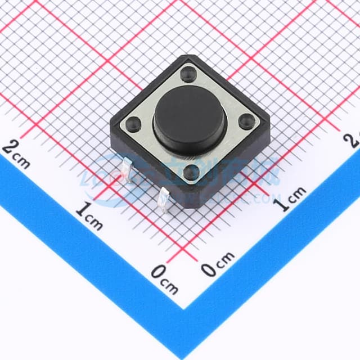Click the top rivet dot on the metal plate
[x=189, y=73]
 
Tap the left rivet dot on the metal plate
[x=134, y=123]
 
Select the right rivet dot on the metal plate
[x=246, y=120]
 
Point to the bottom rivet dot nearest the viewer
[x=191, y=173]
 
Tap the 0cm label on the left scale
[x=164, y=279]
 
